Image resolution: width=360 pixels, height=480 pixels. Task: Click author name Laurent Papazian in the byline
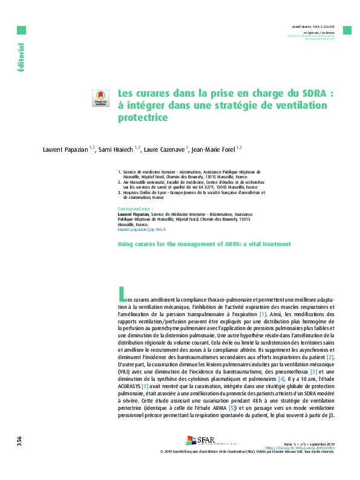(66, 149)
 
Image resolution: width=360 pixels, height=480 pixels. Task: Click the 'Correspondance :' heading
(135, 209)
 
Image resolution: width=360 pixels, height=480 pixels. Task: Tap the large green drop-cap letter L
(122, 294)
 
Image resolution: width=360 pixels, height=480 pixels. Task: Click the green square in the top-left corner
(21, 30)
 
